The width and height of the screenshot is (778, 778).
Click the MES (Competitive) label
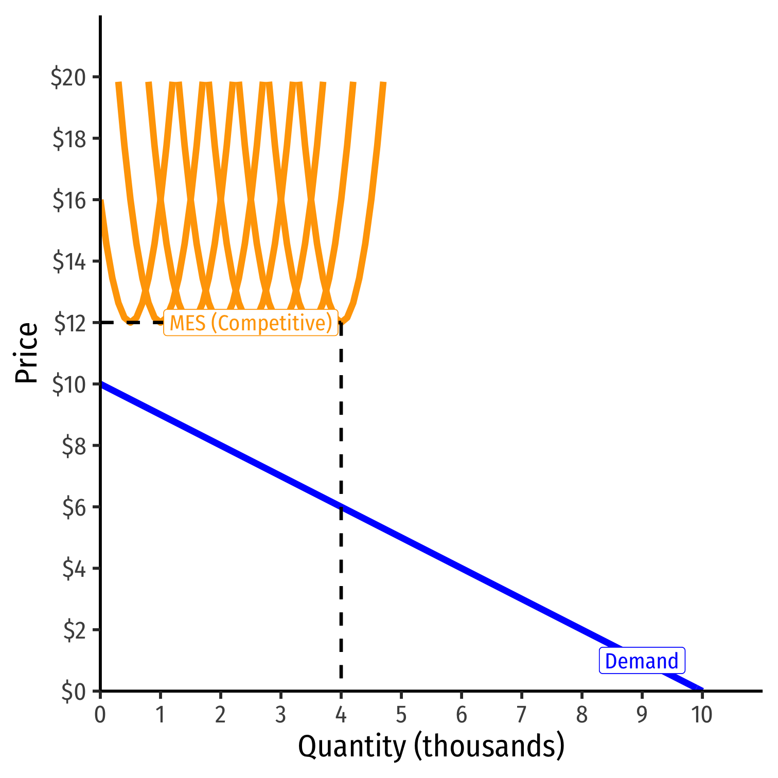click(x=251, y=323)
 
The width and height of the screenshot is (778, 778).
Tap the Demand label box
click(x=642, y=661)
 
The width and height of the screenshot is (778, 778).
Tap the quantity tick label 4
click(x=341, y=715)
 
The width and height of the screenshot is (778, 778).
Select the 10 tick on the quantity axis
click(x=701, y=715)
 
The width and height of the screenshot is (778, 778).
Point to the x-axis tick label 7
click(x=521, y=715)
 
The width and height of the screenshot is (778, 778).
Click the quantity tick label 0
click(x=100, y=715)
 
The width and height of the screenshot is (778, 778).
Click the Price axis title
click(x=27, y=352)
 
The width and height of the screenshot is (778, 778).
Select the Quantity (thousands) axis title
click(x=431, y=747)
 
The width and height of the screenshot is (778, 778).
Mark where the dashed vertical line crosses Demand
click(x=341, y=507)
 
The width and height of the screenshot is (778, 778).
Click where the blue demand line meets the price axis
click(x=101, y=384)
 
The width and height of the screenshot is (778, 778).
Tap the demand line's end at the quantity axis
click(x=701, y=689)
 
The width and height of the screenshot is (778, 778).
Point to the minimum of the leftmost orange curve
click(x=131, y=322)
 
